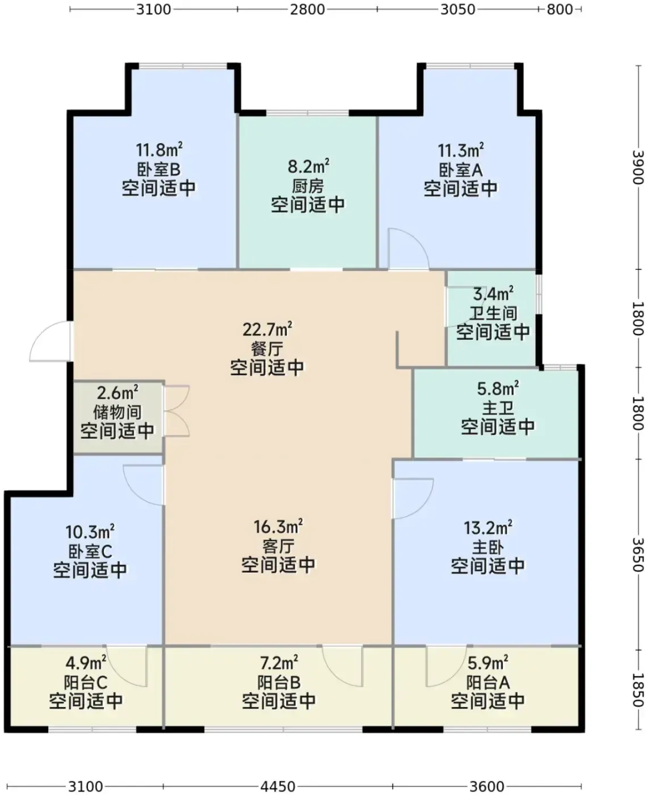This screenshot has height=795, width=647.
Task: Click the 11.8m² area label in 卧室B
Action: [x=159, y=150]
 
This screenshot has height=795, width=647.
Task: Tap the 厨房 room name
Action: [x=308, y=186]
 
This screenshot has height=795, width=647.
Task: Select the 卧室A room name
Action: [x=460, y=170]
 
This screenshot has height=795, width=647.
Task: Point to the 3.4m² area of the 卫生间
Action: [x=493, y=294]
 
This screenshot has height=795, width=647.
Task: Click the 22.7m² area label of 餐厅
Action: [x=267, y=329]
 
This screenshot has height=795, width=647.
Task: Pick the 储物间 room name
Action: [x=117, y=412]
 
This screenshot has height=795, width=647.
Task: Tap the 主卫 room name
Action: [x=498, y=408]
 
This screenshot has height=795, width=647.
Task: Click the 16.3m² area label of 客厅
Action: [x=278, y=526]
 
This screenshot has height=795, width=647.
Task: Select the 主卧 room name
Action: [x=488, y=547]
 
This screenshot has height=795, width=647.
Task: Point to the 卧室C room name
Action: [x=90, y=551]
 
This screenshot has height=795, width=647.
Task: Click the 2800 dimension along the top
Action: [x=308, y=9]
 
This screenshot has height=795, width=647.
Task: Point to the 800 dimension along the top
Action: [x=560, y=9]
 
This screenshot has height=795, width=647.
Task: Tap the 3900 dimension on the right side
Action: [x=638, y=167]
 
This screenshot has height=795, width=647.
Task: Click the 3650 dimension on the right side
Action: [x=638, y=554]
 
